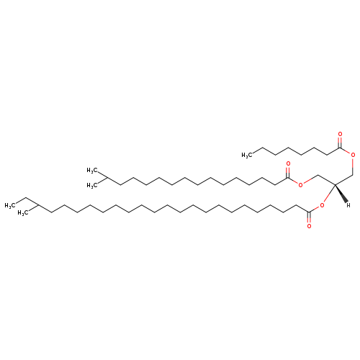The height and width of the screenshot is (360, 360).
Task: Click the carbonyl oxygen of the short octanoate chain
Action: (x=340, y=134)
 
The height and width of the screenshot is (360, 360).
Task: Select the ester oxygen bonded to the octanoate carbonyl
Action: (x=353, y=155)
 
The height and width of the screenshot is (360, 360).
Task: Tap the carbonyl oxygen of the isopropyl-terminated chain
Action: (x=288, y=164)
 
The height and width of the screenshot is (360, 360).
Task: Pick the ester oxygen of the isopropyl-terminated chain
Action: (x=300, y=185)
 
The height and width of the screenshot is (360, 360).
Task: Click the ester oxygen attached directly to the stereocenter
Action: (x=322, y=205)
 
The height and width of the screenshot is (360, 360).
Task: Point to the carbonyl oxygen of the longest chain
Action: (x=309, y=226)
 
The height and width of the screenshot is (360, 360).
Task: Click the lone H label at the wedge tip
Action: (x=348, y=205)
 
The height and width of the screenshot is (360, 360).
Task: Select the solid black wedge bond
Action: (x=341, y=193)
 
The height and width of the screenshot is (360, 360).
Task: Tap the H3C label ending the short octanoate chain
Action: (x=247, y=155)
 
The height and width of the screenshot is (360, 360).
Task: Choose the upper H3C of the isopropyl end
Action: (x=92, y=171)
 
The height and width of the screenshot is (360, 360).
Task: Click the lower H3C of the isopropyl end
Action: (x=92, y=185)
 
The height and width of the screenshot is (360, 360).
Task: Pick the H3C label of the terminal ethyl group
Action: (x=10, y=206)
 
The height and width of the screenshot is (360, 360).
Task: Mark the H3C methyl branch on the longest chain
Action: (x=23, y=213)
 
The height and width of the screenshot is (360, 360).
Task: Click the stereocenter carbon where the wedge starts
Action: (x=335, y=184)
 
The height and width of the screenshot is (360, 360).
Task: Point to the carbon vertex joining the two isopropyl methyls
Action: (x=107, y=178)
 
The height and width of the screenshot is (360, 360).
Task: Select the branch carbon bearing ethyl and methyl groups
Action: (x=38, y=205)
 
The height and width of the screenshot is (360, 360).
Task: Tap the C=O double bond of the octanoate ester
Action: (x=340, y=143)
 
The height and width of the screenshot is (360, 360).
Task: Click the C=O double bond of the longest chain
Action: (x=309, y=217)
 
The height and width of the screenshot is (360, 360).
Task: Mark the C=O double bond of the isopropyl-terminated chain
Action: (x=288, y=172)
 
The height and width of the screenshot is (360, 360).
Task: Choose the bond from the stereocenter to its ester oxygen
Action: (x=329, y=194)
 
